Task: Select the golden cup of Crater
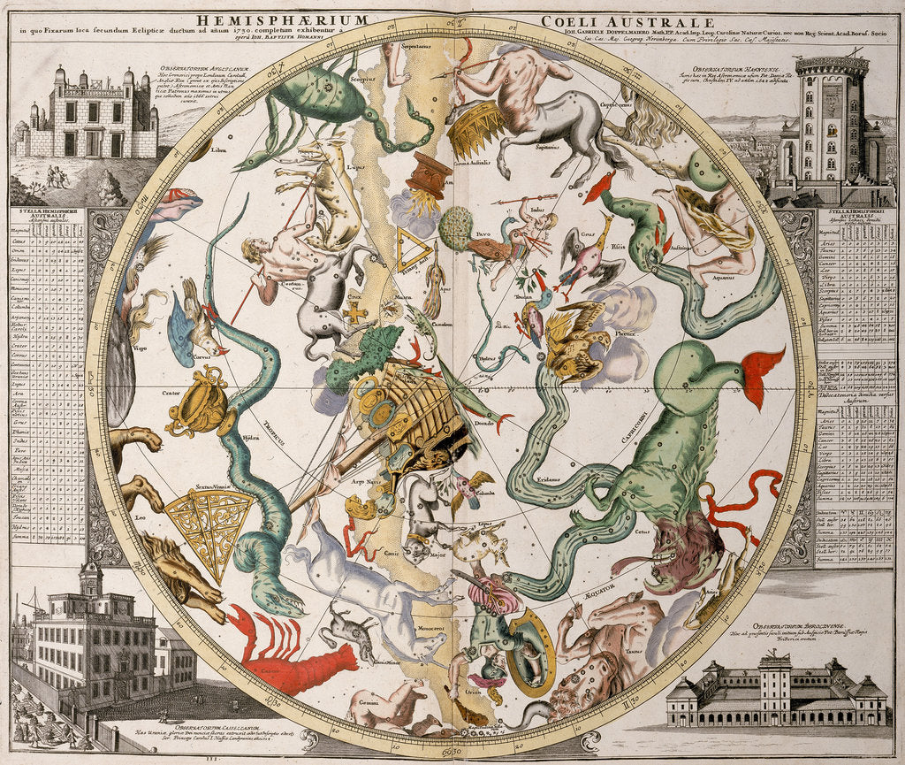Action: pyautogui.click(x=196, y=403)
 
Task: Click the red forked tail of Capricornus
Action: pyautogui.click(x=763, y=371)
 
